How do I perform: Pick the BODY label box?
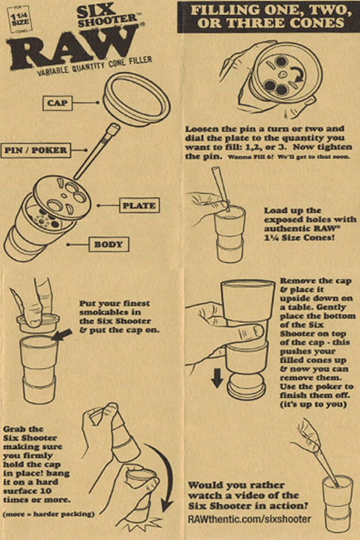click(x=108, y=245)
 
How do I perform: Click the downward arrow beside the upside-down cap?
click(x=217, y=380)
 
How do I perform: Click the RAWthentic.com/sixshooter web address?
click(x=250, y=519)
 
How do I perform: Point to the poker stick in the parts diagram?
click(x=97, y=151)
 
